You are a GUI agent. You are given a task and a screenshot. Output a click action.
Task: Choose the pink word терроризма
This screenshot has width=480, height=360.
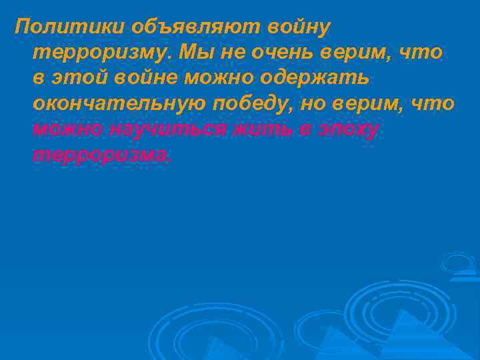101,155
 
